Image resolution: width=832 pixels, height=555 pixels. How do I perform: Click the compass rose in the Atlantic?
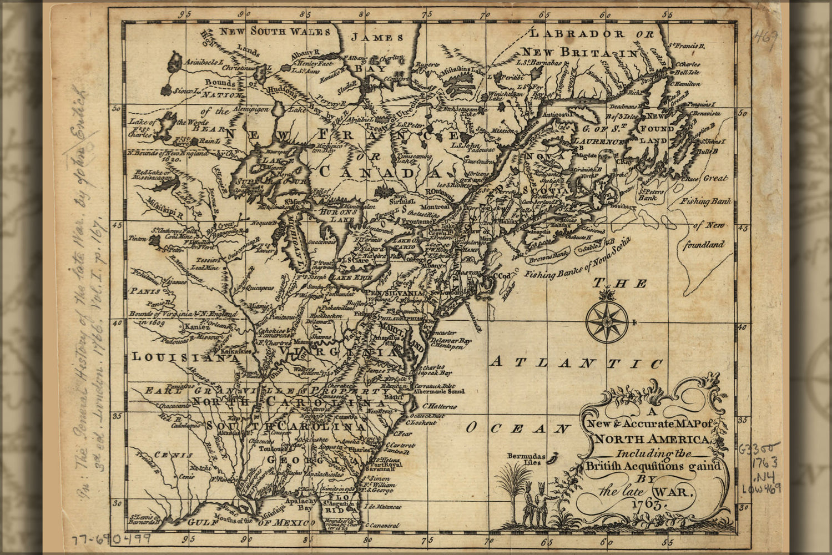point(607,321)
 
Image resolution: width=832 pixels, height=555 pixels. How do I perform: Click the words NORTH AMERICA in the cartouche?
point(653,440)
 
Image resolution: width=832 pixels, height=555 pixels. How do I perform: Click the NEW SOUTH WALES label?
point(275,31)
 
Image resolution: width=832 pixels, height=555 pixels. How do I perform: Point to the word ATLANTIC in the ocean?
point(577,363)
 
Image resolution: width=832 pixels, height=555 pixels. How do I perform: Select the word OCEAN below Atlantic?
point(517,428)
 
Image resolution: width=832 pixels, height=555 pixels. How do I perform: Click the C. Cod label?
point(502,275)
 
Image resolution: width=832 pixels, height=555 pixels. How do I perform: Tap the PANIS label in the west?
point(145,290)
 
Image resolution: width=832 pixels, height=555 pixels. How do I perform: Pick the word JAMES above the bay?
point(377,38)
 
